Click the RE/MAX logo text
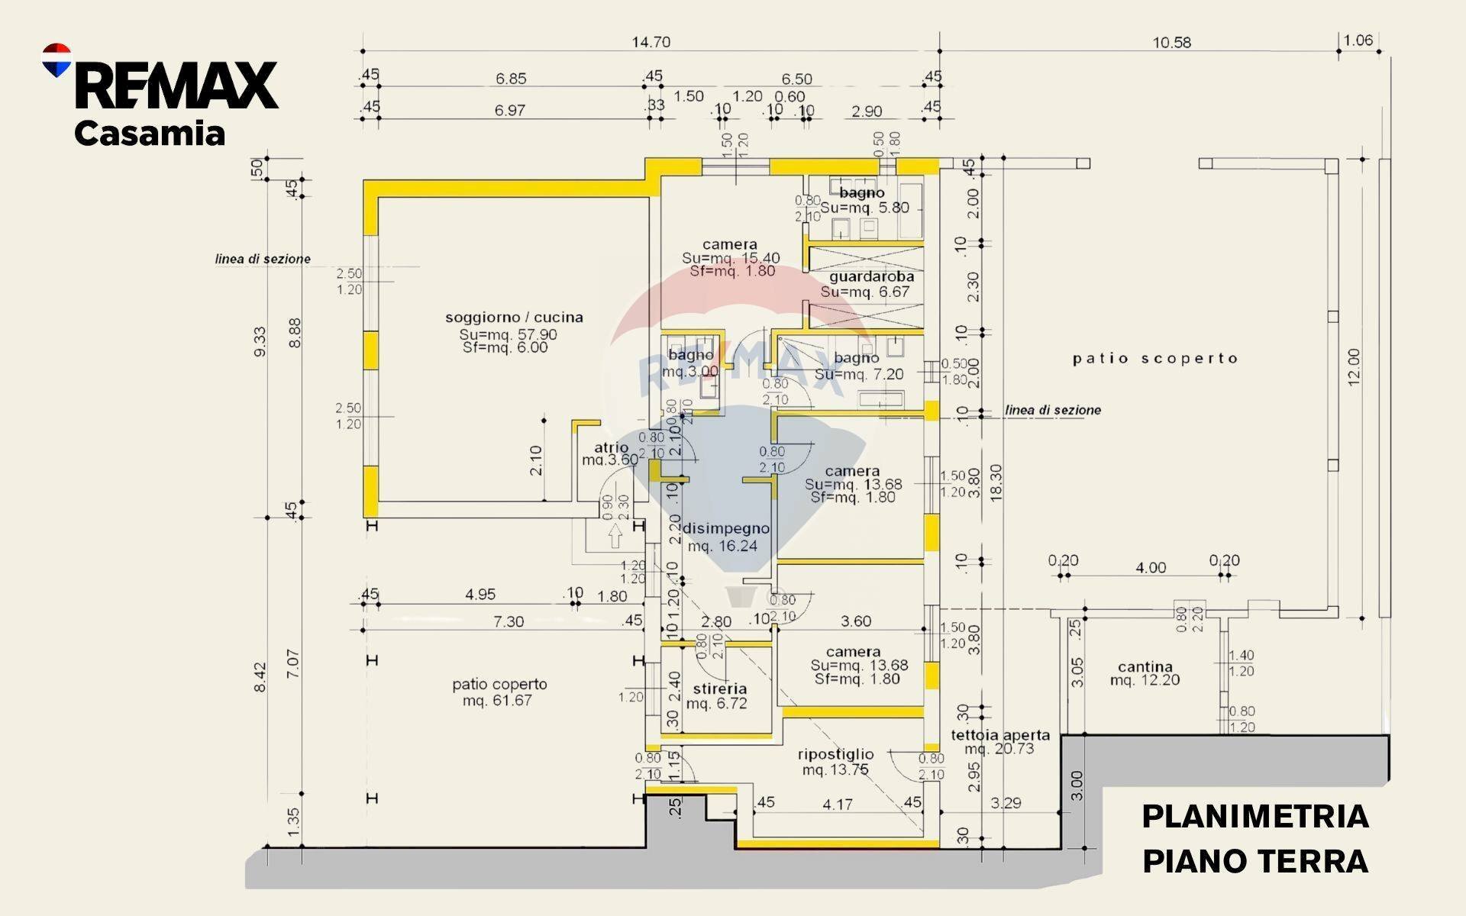tap(176, 85)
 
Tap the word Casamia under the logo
tap(150, 134)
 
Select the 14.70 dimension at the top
tap(651, 42)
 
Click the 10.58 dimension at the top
tap(1171, 43)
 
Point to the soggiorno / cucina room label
tap(514, 317)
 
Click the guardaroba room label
tap(871, 276)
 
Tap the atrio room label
tap(611, 447)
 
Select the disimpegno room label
tap(725, 528)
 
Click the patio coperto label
tap(499, 685)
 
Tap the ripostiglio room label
tap(835, 754)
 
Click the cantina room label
tap(1145, 666)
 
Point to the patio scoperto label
tap(1154, 358)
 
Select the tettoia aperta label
tap(1000, 735)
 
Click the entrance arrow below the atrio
tap(615, 537)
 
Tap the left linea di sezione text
tap(263, 259)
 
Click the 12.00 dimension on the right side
tap(1354, 367)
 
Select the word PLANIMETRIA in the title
tap(1254, 817)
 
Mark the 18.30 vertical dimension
tap(995, 482)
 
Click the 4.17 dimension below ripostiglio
tap(838, 804)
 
